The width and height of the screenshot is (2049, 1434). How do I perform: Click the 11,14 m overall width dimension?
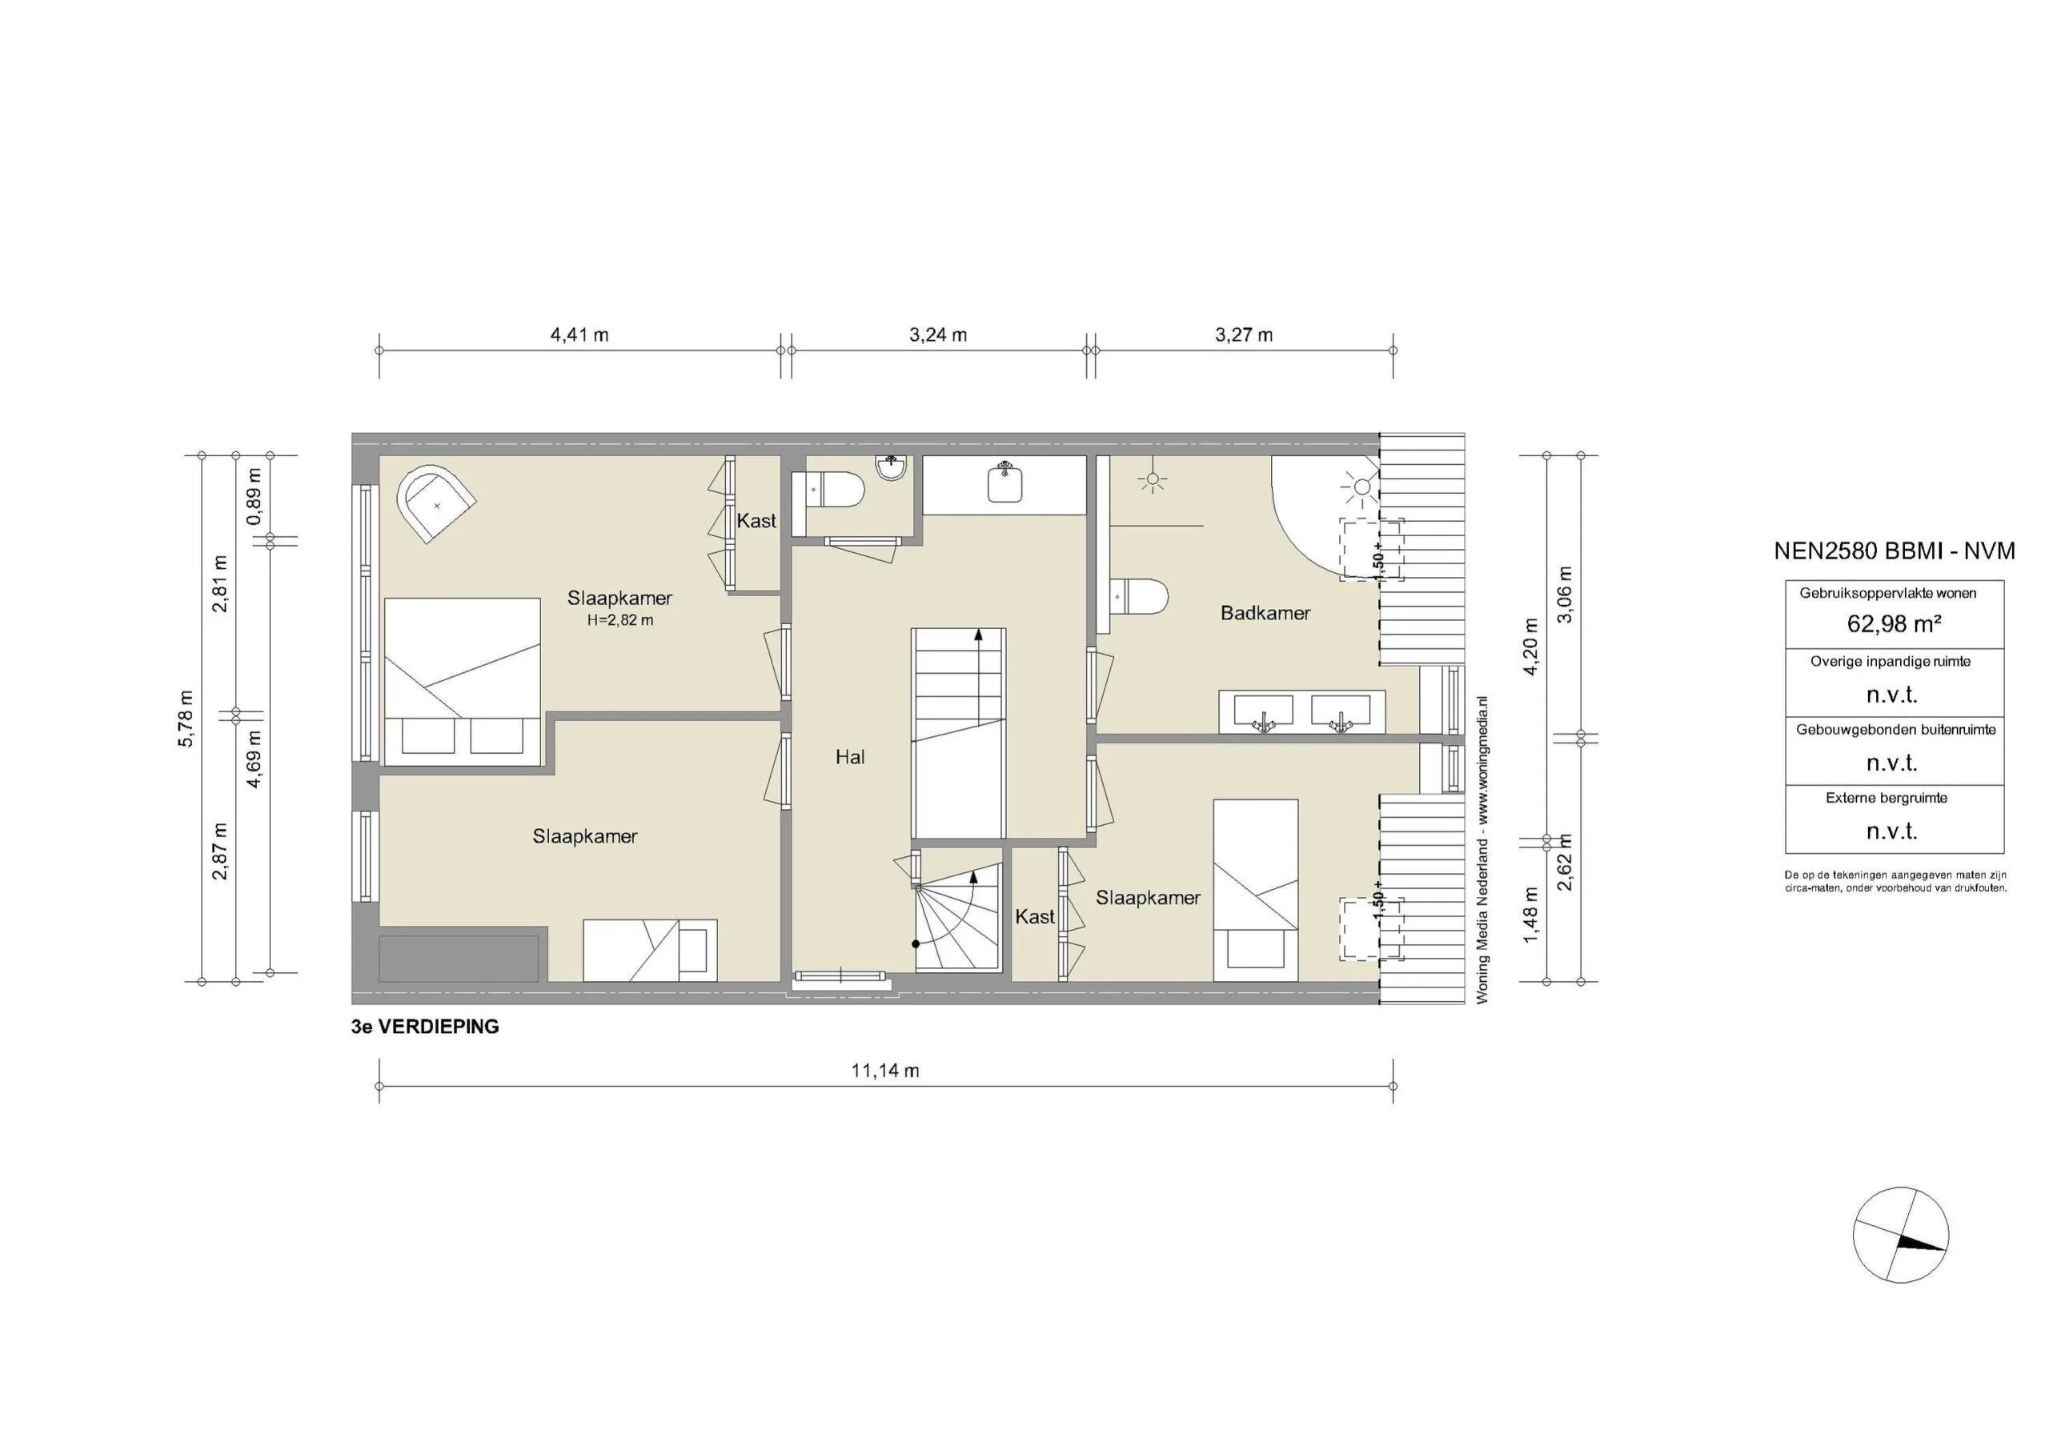pos(884,1071)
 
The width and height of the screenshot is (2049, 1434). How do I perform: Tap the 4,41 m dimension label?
pos(579,335)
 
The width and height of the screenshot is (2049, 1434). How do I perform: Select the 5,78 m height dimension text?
pos(186,719)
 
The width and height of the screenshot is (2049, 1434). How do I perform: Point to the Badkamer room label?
pos(1265,613)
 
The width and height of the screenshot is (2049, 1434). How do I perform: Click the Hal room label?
pos(849,758)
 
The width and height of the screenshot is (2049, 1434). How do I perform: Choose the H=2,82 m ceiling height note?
pos(620,620)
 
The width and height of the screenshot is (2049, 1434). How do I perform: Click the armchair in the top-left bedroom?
pos(435,503)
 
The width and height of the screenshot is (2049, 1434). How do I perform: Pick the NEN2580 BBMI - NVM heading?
pos(1894,551)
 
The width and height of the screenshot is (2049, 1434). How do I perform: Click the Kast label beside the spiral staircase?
pos(1034,916)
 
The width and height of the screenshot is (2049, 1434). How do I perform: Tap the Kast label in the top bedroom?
pos(756,521)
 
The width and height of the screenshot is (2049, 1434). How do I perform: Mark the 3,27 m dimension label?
pos(1243,335)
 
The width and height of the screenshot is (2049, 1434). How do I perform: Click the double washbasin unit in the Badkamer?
pos(1302,712)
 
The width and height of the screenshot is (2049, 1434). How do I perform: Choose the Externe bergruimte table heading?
pos(1887,799)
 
